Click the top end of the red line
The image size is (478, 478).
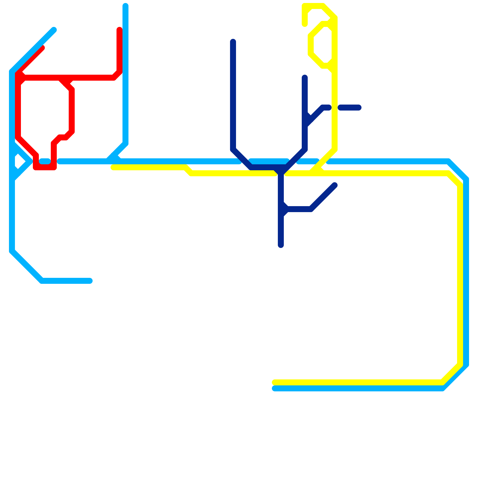[x=119, y=29]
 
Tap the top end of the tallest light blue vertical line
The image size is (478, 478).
[x=125, y=5]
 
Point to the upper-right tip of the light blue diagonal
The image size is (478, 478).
[x=54, y=30]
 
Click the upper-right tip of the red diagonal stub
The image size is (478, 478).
[x=43, y=48]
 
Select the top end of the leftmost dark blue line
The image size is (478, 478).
[x=233, y=41]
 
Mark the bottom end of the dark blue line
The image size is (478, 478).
[x=281, y=246]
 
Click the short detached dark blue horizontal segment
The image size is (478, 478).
[x=350, y=108]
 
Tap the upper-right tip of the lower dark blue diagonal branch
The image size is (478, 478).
[x=335, y=185]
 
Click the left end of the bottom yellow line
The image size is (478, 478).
[x=274, y=382]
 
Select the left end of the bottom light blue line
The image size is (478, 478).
[x=274, y=388]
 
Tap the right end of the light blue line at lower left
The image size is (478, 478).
[x=90, y=281]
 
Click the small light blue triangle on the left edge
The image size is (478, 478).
[x=19, y=162]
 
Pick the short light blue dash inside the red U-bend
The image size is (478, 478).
[x=45, y=162]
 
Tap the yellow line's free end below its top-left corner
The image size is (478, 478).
[x=305, y=24]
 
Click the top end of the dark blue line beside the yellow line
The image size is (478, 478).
[x=305, y=78]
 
